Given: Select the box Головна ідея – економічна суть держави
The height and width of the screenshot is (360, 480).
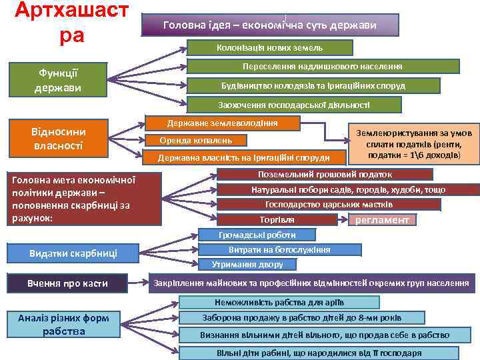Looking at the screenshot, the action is (270, 25).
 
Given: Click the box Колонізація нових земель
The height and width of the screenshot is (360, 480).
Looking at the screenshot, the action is (269, 48).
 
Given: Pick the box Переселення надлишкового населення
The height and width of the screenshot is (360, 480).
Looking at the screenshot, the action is (322, 67).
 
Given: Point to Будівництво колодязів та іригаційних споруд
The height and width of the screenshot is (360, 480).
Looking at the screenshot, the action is (313, 86).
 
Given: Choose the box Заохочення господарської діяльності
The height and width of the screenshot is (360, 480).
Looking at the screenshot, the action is (294, 105).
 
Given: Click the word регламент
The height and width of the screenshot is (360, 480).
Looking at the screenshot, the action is (383, 220).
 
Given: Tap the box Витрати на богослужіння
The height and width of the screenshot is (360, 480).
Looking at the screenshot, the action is (279, 250).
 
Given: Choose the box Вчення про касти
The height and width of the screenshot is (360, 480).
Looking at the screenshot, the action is (67, 283).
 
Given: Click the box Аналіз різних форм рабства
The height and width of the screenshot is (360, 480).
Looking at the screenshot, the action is (63, 325).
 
